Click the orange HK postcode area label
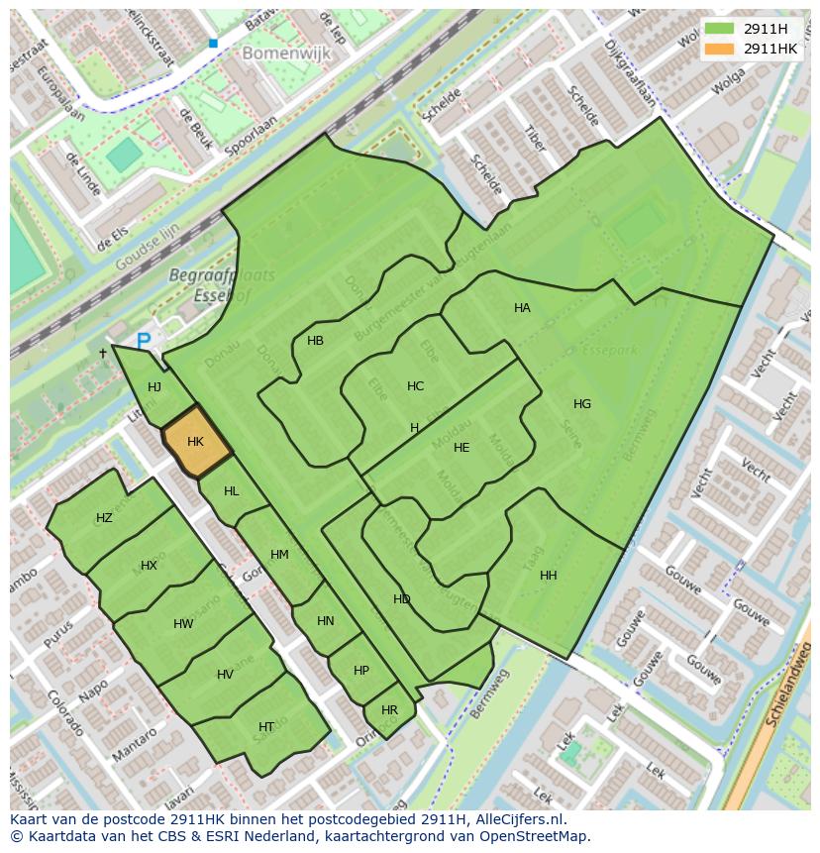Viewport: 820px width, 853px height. click(x=195, y=442)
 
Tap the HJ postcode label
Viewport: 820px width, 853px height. click(x=154, y=387)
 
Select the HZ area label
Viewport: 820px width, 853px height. click(x=104, y=518)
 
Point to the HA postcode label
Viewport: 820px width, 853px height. click(x=522, y=308)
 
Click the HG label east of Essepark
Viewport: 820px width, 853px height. click(x=582, y=404)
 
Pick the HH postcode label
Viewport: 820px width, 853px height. click(x=549, y=576)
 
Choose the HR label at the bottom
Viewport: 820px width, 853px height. click(x=389, y=710)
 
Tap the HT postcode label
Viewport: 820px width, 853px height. click(x=266, y=727)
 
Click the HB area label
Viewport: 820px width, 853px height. click(x=315, y=341)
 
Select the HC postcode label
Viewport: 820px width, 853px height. click(x=415, y=386)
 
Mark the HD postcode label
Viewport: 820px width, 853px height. click(x=401, y=599)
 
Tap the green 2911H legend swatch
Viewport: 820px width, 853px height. click(x=719, y=29)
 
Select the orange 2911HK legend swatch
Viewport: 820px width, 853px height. click(x=719, y=49)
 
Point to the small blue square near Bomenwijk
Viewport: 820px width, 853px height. click(x=213, y=44)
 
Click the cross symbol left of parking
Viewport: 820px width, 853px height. click(x=102, y=353)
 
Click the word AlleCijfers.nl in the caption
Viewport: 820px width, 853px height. click(x=517, y=819)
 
